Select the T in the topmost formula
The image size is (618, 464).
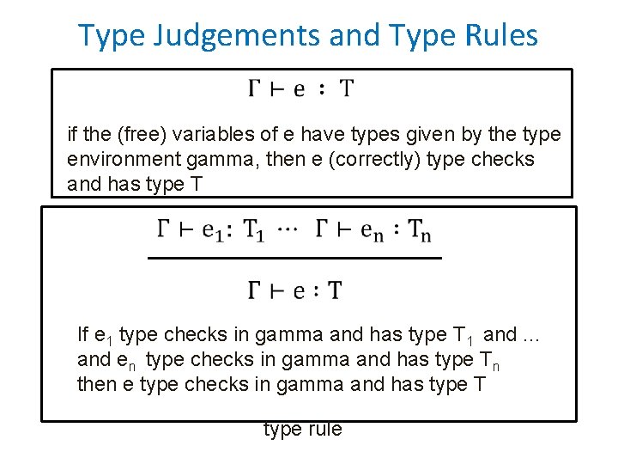(346, 89)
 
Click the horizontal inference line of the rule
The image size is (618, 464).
(294, 258)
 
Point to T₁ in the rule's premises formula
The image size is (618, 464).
(255, 230)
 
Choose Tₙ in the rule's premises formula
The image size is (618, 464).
(420, 230)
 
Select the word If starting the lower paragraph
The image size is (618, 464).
(82, 334)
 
